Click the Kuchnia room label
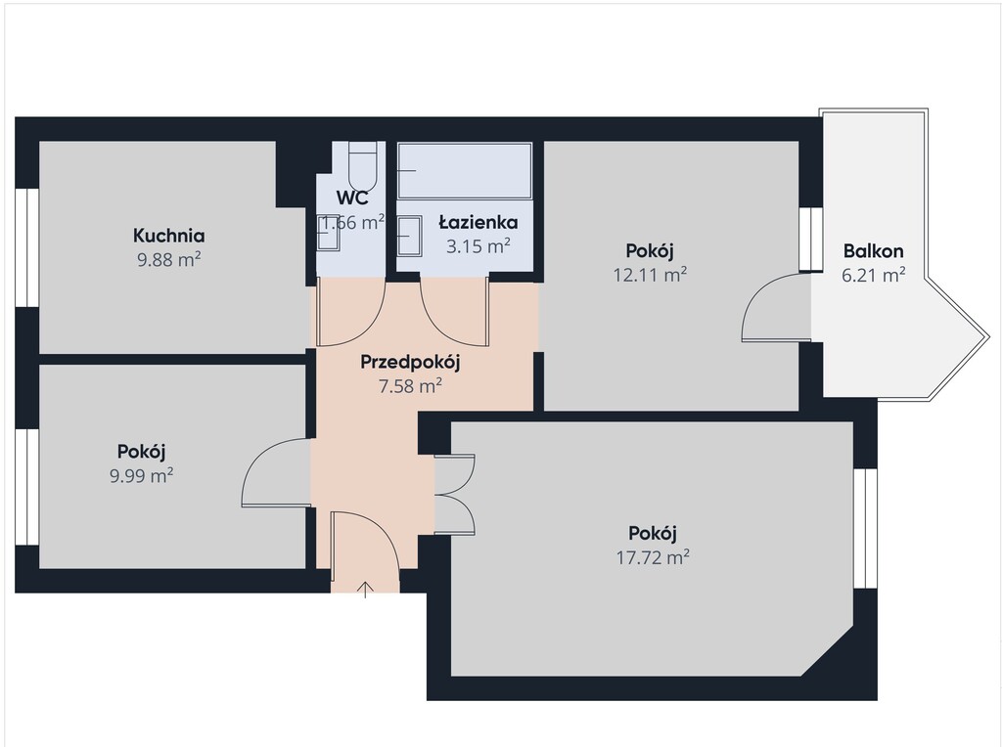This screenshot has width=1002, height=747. pos(168,236)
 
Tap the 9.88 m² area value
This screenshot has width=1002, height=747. pos(169,260)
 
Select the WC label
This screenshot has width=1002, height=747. pos(352,198)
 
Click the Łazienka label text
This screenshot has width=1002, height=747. pos(478,222)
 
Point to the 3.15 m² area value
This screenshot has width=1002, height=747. pos(478,246)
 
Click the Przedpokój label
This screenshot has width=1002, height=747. pos(410,362)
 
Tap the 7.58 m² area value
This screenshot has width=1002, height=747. pos(410,386)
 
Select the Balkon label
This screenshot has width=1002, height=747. pos(873,251)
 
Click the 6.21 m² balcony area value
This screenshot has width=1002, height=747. pos(873,275)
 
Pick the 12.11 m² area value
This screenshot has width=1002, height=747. pos(650,275)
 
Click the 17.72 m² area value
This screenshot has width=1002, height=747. pos(653,557)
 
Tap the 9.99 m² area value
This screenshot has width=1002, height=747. pos(142,475)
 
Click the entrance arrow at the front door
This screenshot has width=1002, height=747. pos(365,590)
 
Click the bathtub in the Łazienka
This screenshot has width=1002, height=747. pos(465,170)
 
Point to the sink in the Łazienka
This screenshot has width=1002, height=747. pos(409,236)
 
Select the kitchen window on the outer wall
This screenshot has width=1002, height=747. pos(27,247)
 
